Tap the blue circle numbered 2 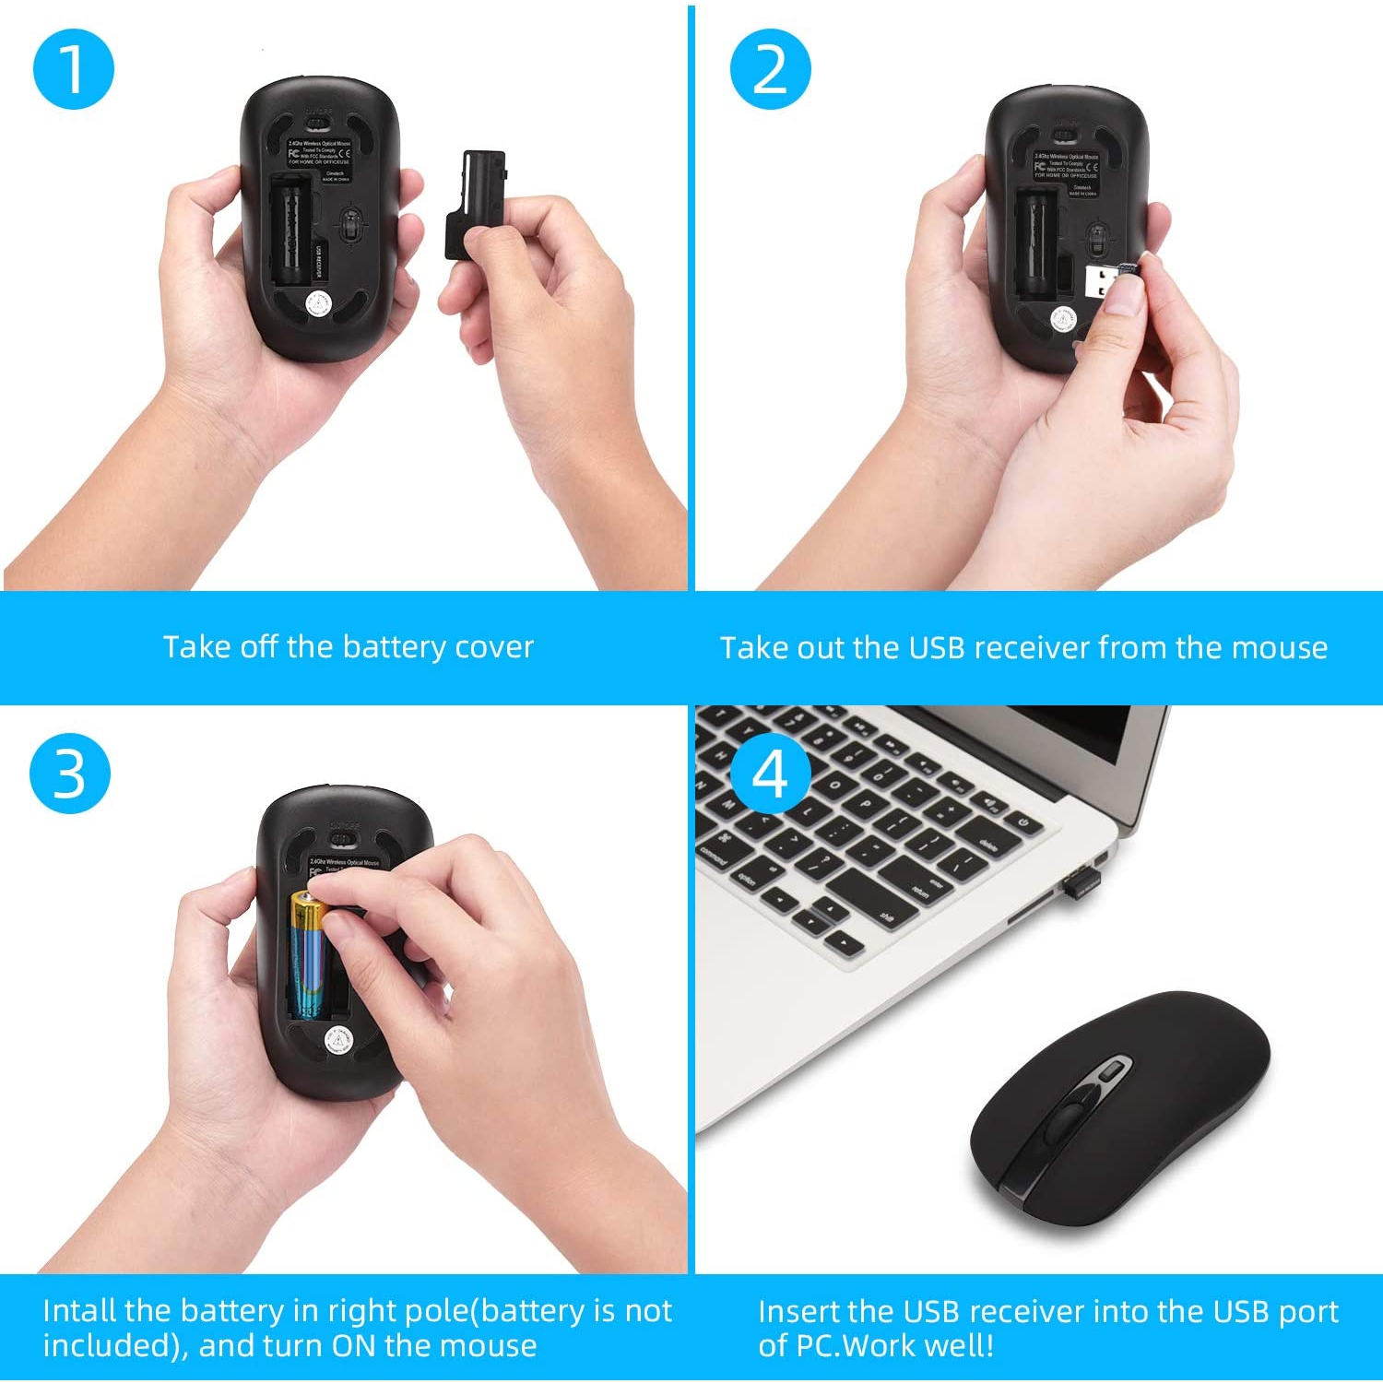coord(770,69)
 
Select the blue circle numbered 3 coord(70,774)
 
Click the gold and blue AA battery coord(308,954)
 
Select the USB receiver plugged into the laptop coord(1080,882)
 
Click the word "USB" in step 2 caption coord(937,647)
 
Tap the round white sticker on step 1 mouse coord(318,303)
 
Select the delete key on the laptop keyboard coord(987,845)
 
